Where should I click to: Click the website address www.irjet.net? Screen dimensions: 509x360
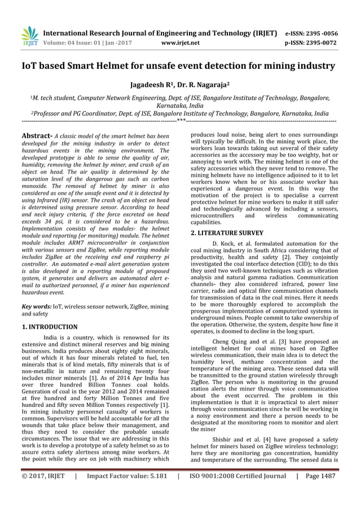pos(181,42)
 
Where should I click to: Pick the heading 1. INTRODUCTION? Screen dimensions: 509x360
pos(50,327)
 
